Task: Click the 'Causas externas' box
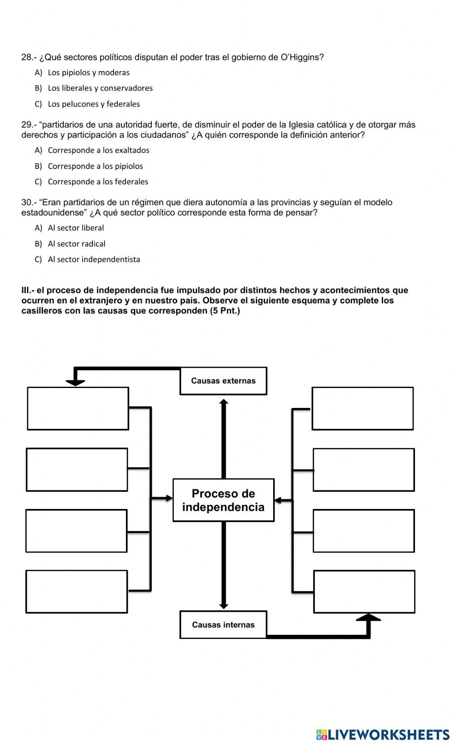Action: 223,381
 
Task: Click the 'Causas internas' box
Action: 223,625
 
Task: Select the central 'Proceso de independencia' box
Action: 223,500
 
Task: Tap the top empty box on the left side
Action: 78,408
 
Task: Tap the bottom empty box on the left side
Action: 77,592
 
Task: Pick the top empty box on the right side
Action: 362,408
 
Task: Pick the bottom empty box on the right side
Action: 364,592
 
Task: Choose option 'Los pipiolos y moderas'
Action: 88,72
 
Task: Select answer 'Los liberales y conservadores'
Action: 100,88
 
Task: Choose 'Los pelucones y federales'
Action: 94,104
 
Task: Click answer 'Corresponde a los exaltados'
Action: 98,150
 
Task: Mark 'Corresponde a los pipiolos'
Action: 95,166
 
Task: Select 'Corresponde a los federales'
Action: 98,182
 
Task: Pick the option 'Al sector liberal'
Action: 76,228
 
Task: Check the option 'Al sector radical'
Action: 77,244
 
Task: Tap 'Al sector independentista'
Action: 94,259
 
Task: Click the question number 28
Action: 27,58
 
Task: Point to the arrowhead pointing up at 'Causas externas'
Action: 223,401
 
